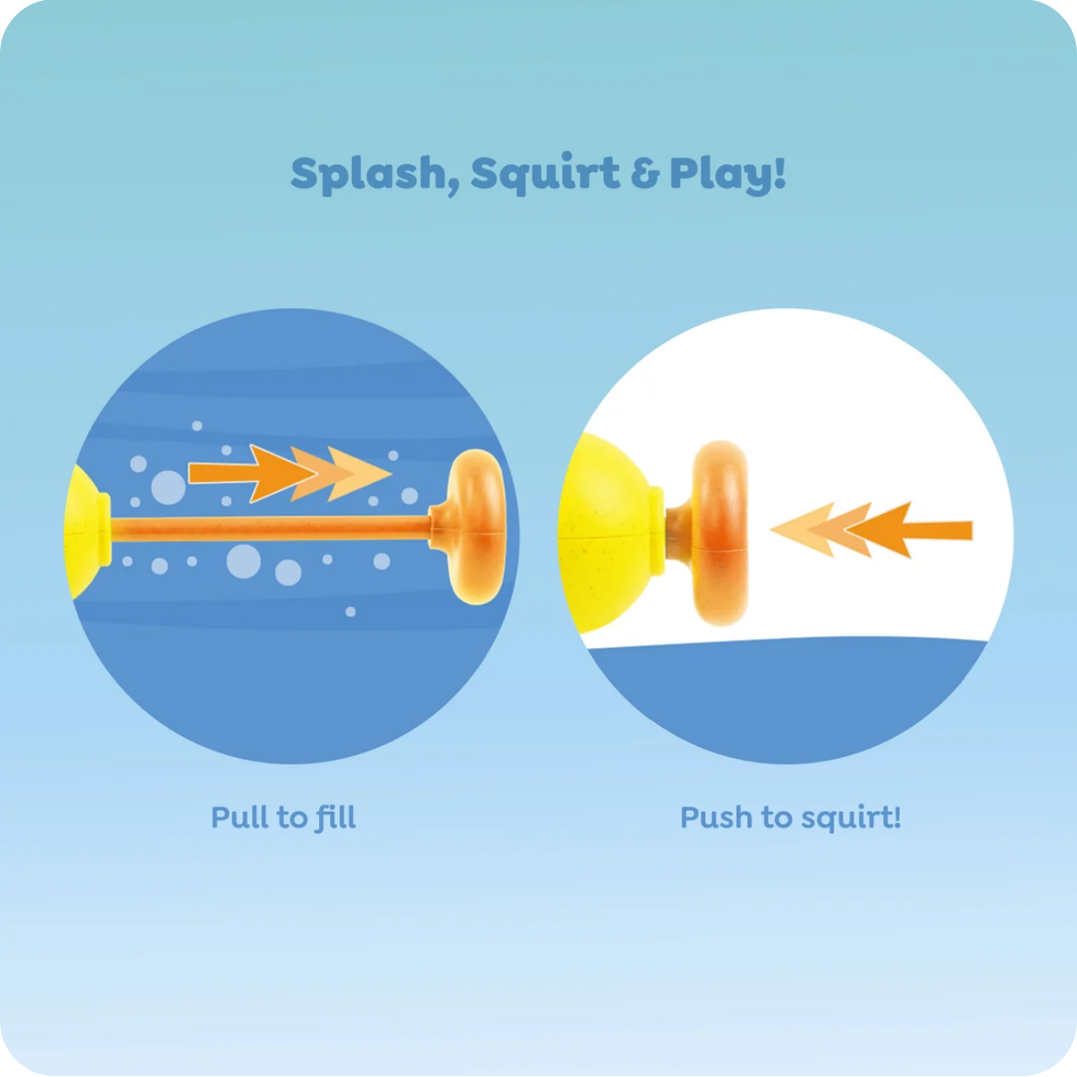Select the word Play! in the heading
pos(728,174)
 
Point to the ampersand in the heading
pos(645,174)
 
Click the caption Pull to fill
pos(283,817)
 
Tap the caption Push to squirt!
pos(791,817)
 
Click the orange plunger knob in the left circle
pos(474,527)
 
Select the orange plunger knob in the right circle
pos(713,533)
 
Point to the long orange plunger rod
pos(271,528)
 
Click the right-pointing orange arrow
pos(290,474)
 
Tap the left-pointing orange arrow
pos(871,529)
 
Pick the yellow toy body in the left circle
pos(87,531)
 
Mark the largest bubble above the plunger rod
pos(168,487)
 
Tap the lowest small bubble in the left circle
pos(350,612)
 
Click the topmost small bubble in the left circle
pos(197,426)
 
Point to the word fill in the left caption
pos(336,817)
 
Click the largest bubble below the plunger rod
pos(244,561)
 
